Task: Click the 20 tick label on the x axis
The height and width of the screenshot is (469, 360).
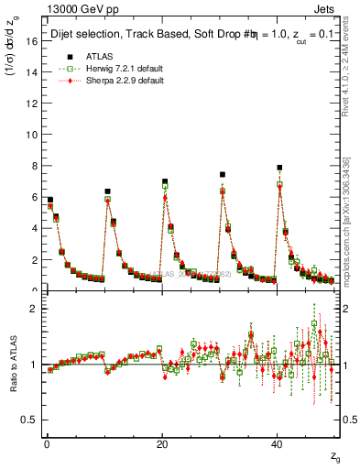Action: click(x=161, y=443)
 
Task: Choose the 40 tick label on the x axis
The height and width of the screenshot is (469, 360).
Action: click(x=277, y=443)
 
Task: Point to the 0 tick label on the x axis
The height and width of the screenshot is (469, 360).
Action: click(x=46, y=443)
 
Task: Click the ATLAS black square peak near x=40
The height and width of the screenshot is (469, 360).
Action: click(x=279, y=168)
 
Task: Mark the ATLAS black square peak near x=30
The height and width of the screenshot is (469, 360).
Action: click(x=222, y=174)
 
